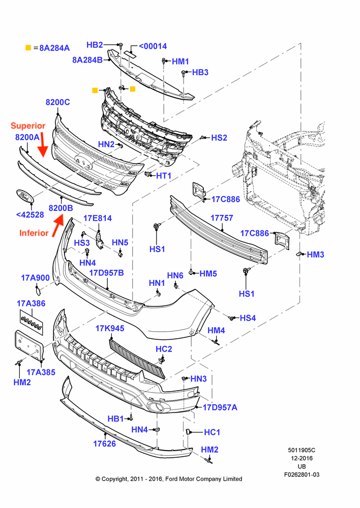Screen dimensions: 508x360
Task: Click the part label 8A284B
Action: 87,59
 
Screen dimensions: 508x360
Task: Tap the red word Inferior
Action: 34,233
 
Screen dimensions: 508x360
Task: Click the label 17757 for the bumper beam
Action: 222,218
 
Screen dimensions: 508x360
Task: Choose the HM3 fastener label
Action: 315,255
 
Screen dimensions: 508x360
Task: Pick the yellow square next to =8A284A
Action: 28,48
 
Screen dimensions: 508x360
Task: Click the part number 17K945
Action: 109,328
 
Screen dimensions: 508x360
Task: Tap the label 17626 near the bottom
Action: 104,443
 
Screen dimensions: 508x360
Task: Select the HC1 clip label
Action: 212,432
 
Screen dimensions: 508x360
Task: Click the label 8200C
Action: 57,102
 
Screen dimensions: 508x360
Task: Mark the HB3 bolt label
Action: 200,73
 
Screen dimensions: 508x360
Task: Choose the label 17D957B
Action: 107,272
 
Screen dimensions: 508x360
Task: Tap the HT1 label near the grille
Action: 163,175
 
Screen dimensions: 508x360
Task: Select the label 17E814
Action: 98,218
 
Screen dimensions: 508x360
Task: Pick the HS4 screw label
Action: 248,318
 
